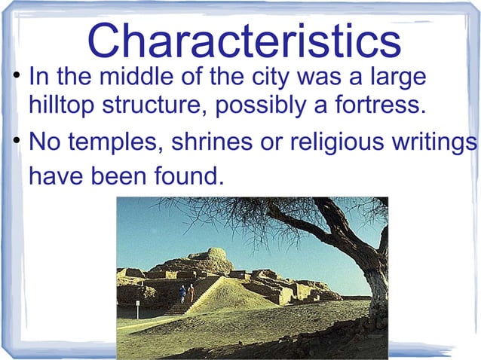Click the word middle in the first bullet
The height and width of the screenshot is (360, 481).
(x=124, y=78)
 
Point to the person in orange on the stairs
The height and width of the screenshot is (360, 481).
(x=191, y=291)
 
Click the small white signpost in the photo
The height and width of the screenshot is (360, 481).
(x=137, y=306)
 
